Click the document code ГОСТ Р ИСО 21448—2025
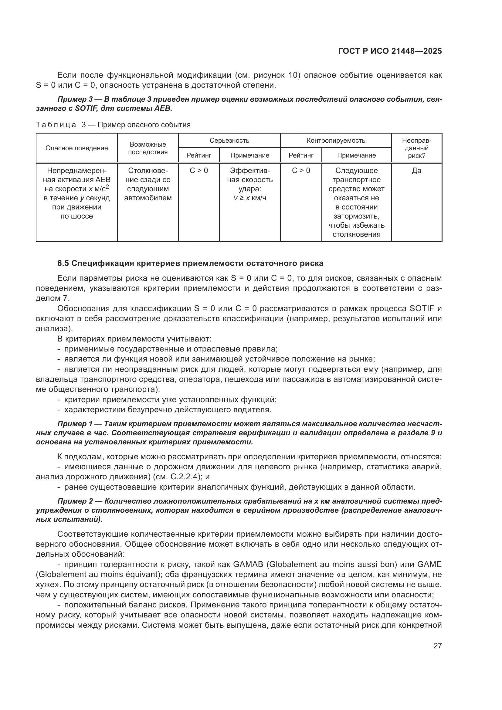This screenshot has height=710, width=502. (x=390, y=51)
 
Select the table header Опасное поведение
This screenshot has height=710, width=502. (x=77, y=148)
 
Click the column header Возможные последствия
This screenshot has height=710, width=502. (x=148, y=148)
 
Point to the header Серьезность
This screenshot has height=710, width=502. (x=229, y=141)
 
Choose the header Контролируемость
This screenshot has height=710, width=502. (x=336, y=141)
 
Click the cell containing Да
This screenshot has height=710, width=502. (x=416, y=171)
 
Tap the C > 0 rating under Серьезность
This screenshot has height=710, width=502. (x=199, y=171)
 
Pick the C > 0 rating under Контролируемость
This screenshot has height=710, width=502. (x=301, y=171)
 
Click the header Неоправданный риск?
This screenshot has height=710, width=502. (x=416, y=148)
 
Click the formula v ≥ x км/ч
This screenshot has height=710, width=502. (x=250, y=198)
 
